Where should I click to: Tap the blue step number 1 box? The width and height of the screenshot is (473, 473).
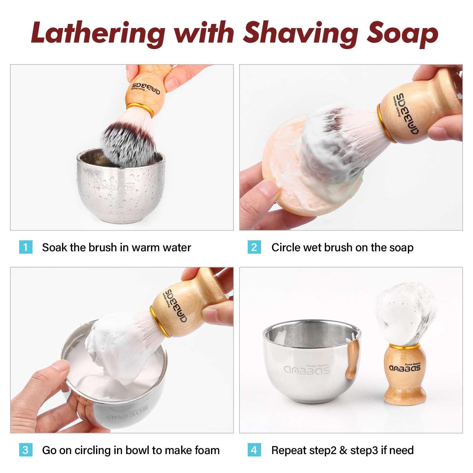point(25,247)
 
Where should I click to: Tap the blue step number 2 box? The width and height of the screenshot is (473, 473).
point(254,247)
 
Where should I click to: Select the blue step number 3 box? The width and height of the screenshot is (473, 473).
point(25,450)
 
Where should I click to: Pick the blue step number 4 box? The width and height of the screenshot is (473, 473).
point(254,450)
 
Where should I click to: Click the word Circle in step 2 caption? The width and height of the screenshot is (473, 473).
point(286,247)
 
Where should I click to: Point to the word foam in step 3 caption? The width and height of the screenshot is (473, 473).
point(207,450)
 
